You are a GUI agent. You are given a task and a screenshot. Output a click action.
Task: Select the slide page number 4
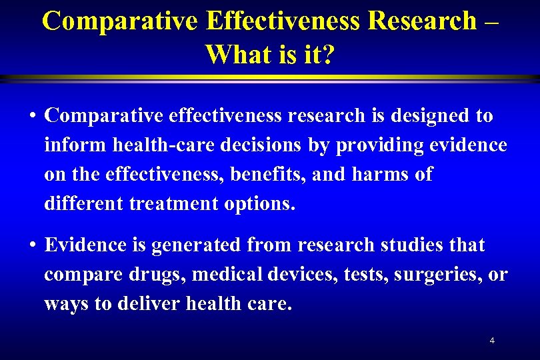[x=492, y=341]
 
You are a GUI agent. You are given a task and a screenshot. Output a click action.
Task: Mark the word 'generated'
[x=197, y=246]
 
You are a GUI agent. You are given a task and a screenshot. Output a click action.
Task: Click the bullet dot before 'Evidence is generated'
[x=32, y=246]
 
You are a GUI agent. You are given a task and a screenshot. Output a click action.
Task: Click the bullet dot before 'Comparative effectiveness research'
[x=32, y=116]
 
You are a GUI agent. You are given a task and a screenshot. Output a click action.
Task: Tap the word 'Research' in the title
[x=422, y=21]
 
